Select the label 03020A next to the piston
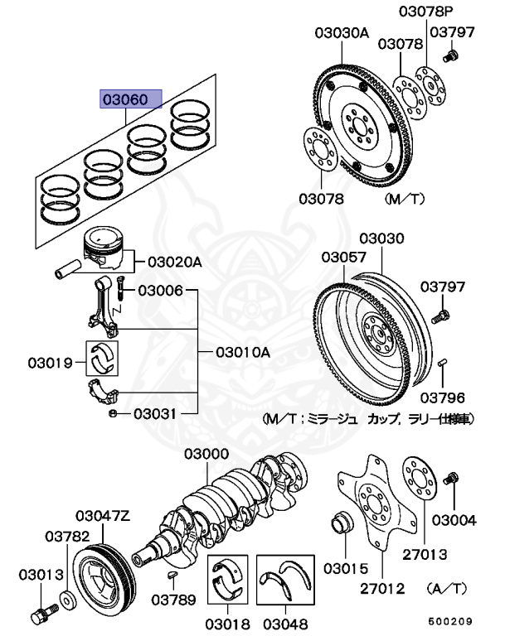tap(175, 262)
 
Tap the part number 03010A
tap(243, 352)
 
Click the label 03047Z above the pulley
tap(103, 515)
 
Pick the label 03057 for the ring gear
tap(344, 257)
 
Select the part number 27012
tap(382, 589)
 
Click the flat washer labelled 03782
tap(66, 597)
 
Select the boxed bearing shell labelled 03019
tap(104, 357)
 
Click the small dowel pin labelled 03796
tap(443, 362)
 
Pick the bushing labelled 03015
tap(341, 524)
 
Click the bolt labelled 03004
tap(453, 479)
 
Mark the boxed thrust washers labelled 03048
tap(284, 576)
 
